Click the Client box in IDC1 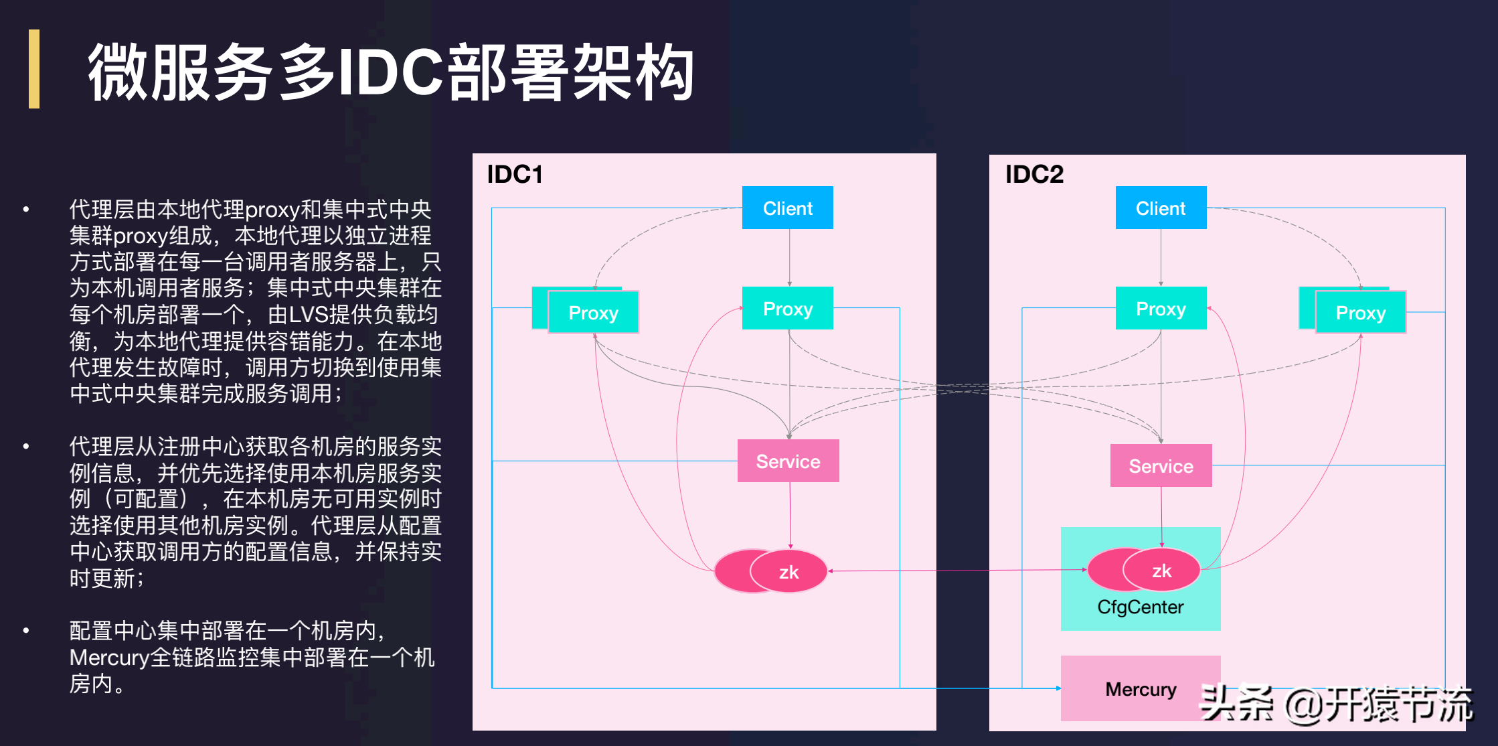pos(787,208)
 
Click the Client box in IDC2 pos(1161,208)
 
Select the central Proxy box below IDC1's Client pos(787,309)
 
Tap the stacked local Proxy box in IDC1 pos(593,313)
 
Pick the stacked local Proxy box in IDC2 pos(1360,313)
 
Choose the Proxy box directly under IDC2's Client pos(1161,309)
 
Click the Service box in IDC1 pos(788,461)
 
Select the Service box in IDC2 pos(1161,466)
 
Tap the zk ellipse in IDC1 pos(788,572)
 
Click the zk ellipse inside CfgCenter pos(1161,571)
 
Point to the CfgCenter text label pos(1140,607)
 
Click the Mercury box pos(1141,689)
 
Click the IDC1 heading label pos(514,174)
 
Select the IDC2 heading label pos(1034,174)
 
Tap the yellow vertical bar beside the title pos(34,69)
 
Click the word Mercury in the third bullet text pos(109,658)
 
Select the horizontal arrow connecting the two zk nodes pos(957,571)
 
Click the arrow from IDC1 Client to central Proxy pos(790,258)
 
